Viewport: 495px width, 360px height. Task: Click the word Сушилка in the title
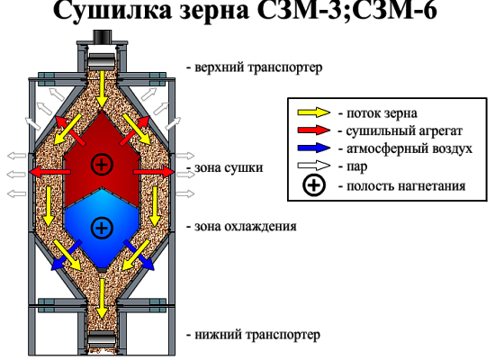coord(112,10)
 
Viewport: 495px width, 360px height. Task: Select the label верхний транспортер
coord(258,67)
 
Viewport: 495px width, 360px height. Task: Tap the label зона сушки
coord(229,167)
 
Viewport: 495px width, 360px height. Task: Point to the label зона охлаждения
coord(246,227)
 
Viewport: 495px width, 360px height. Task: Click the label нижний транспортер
coord(257,335)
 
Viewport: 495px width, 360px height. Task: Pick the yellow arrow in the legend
coord(314,112)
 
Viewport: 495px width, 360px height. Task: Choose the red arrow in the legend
coord(314,130)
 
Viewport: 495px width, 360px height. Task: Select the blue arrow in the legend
coord(314,148)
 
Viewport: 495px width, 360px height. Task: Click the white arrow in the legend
coord(314,166)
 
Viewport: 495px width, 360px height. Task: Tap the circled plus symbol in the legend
coord(314,185)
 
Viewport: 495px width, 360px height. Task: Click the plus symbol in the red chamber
coord(102,164)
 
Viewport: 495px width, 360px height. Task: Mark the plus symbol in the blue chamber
coord(102,228)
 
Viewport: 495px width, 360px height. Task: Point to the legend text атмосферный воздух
coord(409,148)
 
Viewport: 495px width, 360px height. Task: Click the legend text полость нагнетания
coord(406,186)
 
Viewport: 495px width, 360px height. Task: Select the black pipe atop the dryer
coord(103,36)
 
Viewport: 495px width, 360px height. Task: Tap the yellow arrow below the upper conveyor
coord(102,89)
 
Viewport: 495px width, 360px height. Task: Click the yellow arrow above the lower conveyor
coord(102,299)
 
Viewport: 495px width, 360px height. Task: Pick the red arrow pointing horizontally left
coord(49,172)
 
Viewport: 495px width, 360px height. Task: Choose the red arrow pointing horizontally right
coord(154,172)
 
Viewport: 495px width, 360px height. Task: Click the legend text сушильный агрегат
coord(404,130)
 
